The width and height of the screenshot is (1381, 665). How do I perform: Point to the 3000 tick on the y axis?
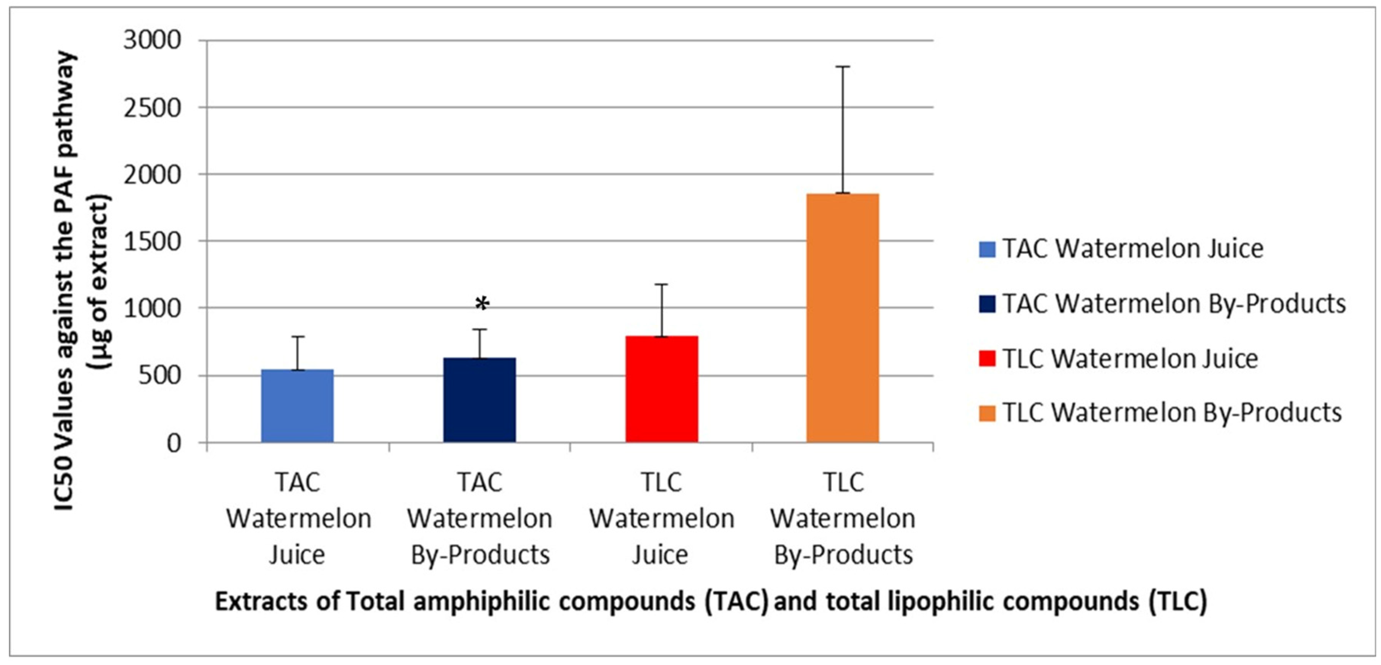152,40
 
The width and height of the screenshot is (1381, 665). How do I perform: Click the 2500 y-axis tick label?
152,108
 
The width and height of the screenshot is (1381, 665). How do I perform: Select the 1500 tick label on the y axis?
152,242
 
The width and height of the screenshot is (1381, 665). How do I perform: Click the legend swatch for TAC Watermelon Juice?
987,249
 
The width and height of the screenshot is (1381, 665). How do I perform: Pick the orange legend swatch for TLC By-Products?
987,413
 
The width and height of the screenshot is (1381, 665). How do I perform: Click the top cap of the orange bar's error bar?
843,67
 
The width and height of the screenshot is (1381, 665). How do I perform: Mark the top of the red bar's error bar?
662,284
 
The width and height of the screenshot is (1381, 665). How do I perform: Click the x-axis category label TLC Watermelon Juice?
662,518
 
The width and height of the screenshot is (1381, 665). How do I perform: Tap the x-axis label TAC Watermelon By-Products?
480,518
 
